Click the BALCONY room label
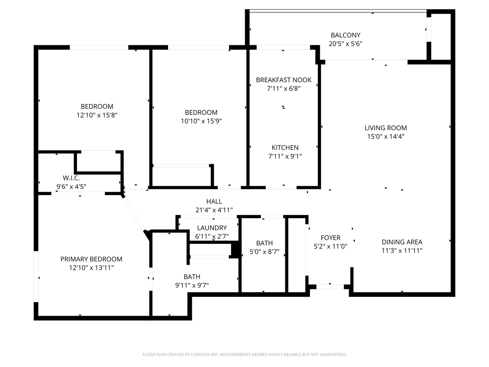[x=345, y=35]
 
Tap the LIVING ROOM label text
[x=386, y=128]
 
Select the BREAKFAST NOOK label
[x=284, y=80]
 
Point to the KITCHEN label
[x=285, y=147]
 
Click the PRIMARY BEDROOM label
[x=91, y=259]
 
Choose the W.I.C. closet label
[x=71, y=178]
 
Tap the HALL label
[x=214, y=202]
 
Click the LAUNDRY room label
[x=212, y=228]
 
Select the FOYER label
[x=330, y=238]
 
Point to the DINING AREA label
[x=402, y=242]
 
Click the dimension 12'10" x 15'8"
[x=97, y=115]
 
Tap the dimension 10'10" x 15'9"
[x=201, y=121]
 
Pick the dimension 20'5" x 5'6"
[x=345, y=44]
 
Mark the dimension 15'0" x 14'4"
[x=386, y=136]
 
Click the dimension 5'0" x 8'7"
[x=265, y=252]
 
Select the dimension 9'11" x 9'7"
[x=192, y=285]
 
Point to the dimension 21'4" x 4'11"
[x=214, y=210]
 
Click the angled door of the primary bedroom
[x=134, y=214]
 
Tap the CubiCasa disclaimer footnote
[x=244, y=354]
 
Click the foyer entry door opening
[x=330, y=287]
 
